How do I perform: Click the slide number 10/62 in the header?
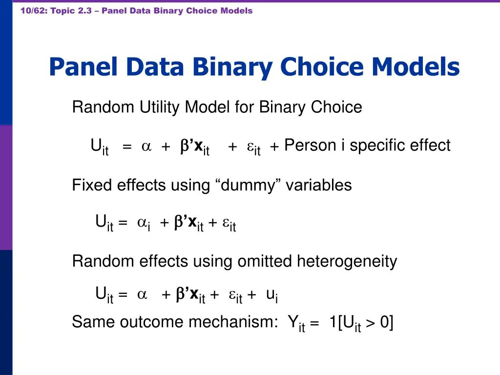click(33, 11)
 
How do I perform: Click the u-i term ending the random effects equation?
click(272, 295)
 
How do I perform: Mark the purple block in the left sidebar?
click(6, 188)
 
